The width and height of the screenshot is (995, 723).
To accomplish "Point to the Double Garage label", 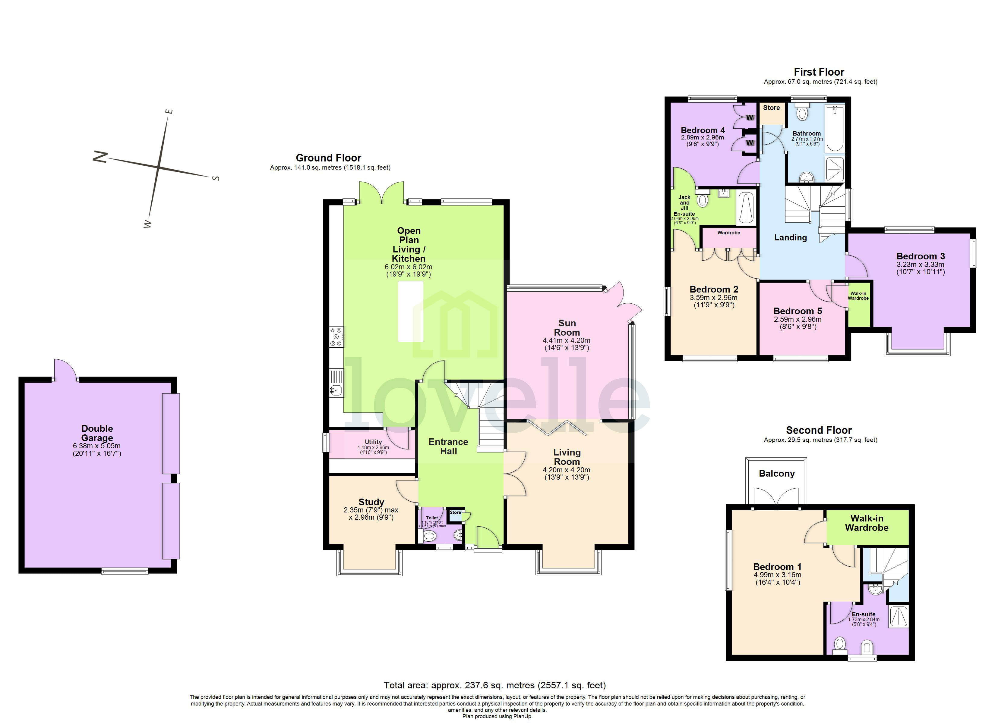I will [x=97, y=433].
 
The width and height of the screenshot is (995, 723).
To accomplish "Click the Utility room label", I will [x=373, y=442].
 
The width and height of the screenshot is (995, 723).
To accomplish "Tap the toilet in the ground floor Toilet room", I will [x=429, y=535].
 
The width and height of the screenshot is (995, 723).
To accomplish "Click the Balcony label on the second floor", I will [x=776, y=474].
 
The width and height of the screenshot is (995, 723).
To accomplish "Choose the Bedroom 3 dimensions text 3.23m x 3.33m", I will [x=920, y=264].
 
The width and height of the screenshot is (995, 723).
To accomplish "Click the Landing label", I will [x=790, y=238].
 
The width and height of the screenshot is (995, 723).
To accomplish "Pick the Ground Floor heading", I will [x=328, y=158].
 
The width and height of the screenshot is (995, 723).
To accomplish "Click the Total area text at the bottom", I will [x=494, y=685].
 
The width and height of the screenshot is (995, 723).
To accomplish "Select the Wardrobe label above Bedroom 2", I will [x=729, y=233].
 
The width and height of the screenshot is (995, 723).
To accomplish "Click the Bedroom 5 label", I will [x=798, y=311].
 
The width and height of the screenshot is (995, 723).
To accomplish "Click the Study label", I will [x=371, y=502].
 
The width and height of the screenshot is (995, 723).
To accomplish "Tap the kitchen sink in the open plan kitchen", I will [x=336, y=389].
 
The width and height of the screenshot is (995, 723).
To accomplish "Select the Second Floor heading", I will [x=819, y=430].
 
